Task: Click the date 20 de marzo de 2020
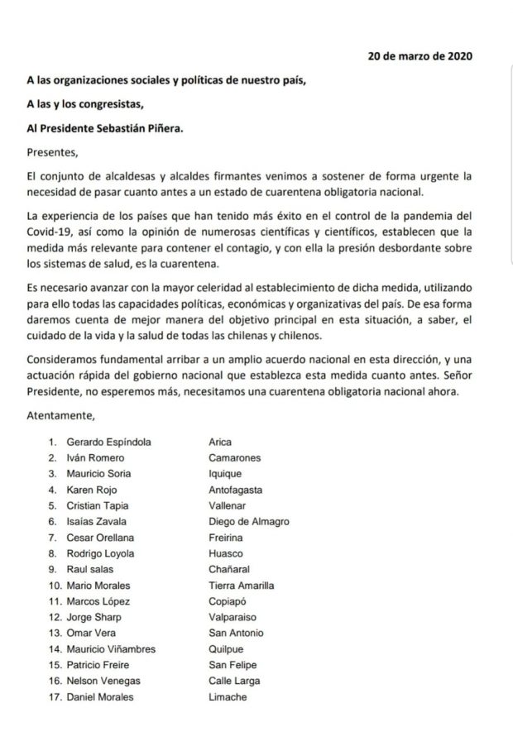(420, 56)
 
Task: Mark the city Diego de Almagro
(249, 521)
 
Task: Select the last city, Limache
(228, 696)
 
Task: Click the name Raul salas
(92, 569)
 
